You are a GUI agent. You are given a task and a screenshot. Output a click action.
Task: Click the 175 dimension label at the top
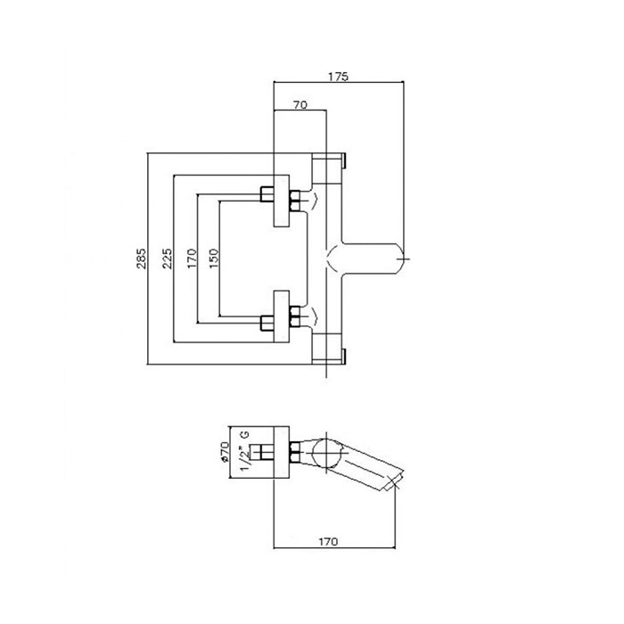pos(338,77)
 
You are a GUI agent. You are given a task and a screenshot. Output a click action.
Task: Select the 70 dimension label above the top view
pos(300,105)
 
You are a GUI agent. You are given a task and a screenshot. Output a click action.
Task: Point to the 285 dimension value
pos(142,259)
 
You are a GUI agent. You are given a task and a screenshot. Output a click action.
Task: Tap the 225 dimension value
pos(168,259)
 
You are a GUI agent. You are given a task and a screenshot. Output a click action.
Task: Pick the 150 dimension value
pos(214,259)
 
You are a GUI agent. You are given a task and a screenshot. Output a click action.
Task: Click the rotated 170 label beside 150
pos(193,259)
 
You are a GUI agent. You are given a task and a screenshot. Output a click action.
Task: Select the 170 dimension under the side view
pos(328,542)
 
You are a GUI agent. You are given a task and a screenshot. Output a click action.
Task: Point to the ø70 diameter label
pos(225,452)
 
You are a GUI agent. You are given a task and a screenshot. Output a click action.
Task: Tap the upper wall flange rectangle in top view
pos(282,201)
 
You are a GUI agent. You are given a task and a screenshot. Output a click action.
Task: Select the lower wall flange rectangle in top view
pos(282,316)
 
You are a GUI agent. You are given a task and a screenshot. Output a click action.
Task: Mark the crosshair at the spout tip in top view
pos(403,259)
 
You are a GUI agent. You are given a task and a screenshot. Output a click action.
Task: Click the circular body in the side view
pos(326,453)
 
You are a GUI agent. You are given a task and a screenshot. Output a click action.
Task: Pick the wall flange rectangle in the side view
pos(282,453)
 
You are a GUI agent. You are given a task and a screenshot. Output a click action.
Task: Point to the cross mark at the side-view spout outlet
pos(394,483)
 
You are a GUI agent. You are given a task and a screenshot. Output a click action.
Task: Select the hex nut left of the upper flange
pos(267,194)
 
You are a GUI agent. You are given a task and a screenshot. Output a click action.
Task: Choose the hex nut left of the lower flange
pos(267,323)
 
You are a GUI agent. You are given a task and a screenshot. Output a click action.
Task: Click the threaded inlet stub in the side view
pos(263,453)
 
